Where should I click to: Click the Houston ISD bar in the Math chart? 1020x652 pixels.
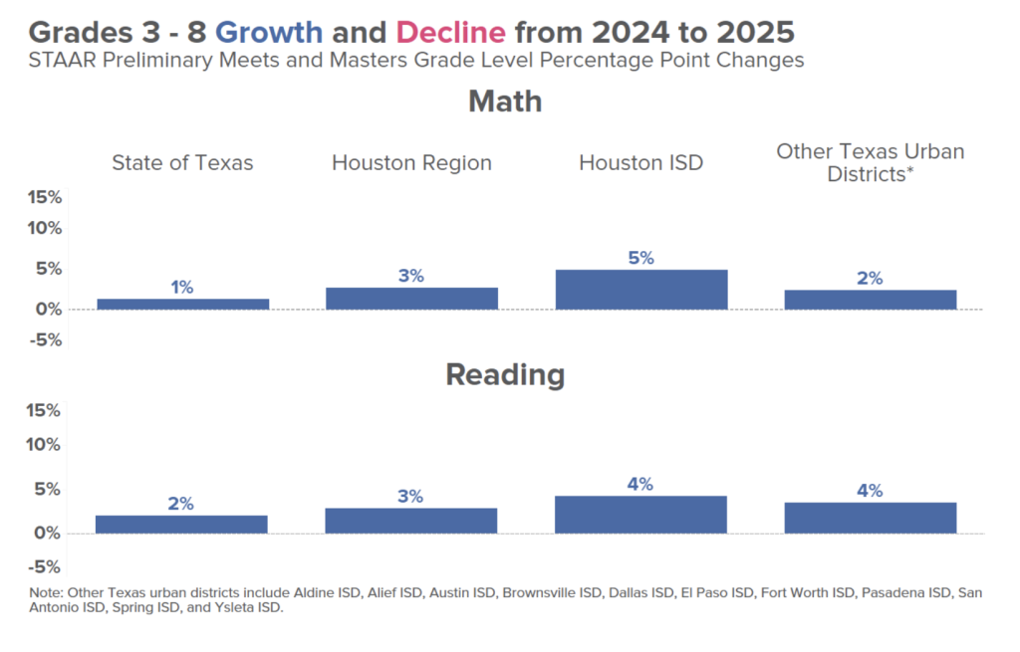click(x=640, y=289)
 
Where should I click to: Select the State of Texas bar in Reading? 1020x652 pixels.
click(x=181, y=524)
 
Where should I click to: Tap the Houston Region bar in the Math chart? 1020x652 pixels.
click(x=411, y=298)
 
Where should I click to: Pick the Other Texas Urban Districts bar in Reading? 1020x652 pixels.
click(x=870, y=518)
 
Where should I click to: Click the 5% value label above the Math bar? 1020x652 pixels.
click(x=640, y=258)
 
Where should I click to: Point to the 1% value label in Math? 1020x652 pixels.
click(x=181, y=288)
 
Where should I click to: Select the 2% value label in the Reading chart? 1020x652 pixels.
click(x=180, y=504)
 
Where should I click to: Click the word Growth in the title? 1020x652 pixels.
click(x=269, y=32)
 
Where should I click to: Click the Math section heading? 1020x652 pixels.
click(x=505, y=101)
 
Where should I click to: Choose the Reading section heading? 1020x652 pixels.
click(x=505, y=374)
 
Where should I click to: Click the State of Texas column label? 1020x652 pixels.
click(x=182, y=162)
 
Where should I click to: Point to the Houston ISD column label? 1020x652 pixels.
click(x=640, y=162)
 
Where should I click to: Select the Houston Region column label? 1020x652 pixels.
click(x=411, y=162)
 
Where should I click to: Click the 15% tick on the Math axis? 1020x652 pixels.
click(x=44, y=197)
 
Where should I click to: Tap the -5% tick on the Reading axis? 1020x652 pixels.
click(x=44, y=566)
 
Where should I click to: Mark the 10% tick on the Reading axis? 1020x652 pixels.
click(x=44, y=444)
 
